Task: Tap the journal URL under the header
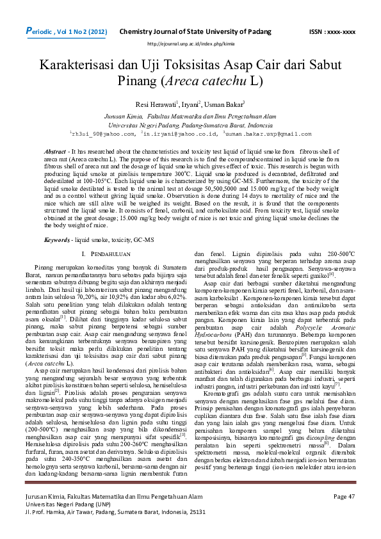190,44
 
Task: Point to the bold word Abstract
55,150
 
